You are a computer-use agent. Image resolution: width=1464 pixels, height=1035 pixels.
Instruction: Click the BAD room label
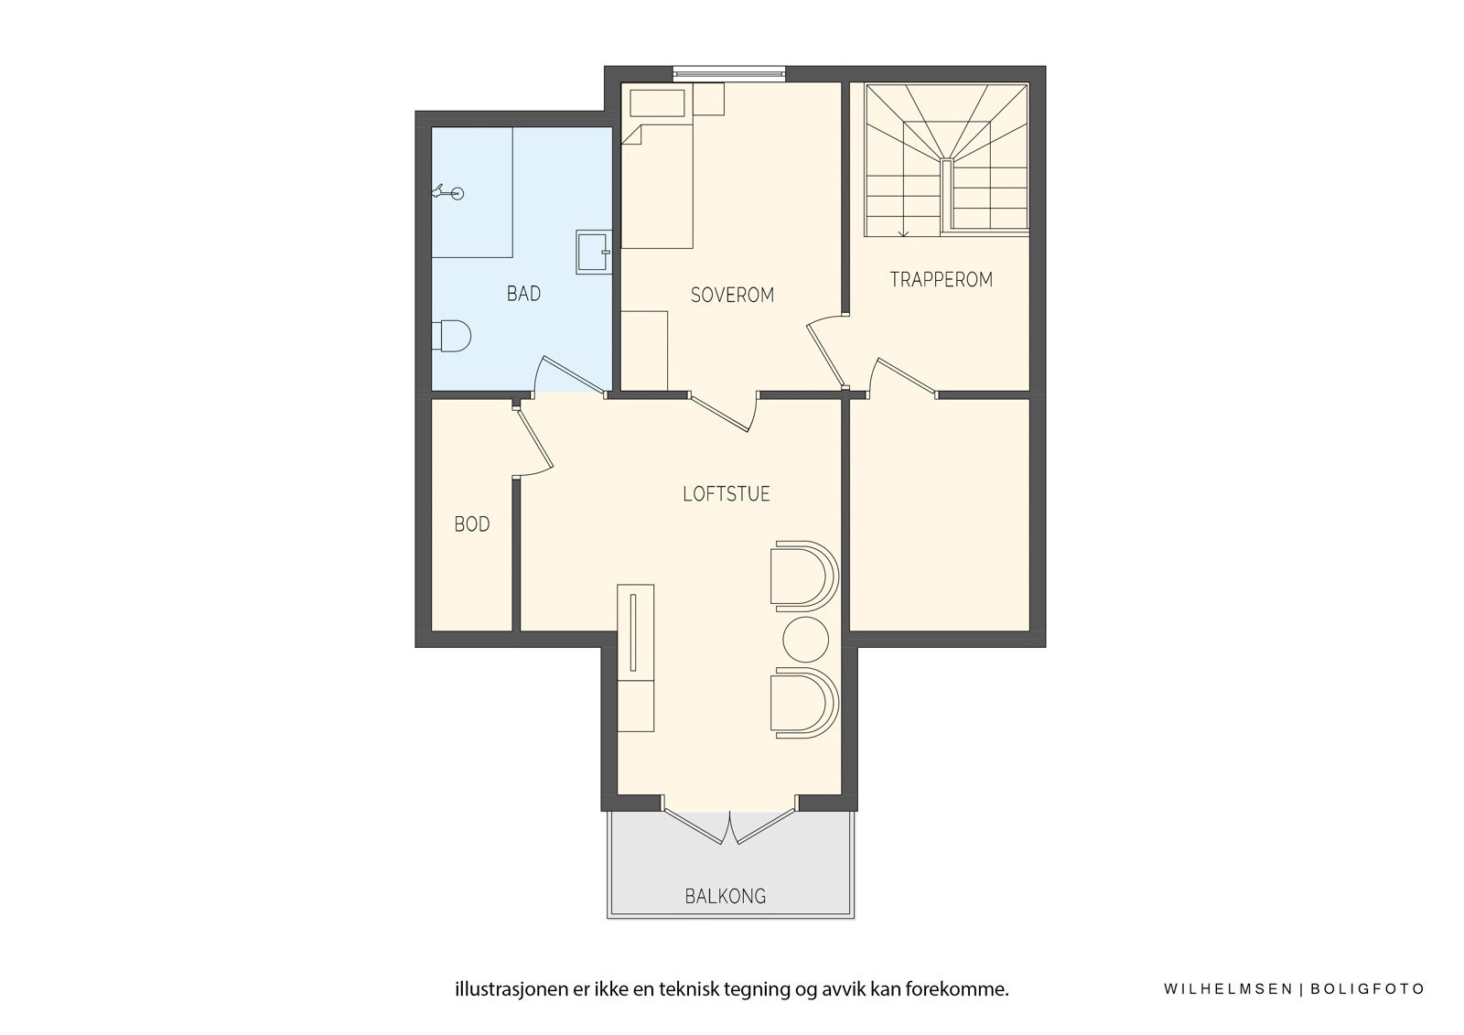tap(523, 294)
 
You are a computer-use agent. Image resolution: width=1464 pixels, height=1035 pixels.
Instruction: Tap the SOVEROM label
tap(732, 295)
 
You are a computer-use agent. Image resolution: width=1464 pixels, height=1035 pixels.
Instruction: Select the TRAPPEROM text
tap(941, 280)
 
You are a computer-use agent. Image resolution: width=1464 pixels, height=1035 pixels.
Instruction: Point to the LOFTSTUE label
tap(727, 494)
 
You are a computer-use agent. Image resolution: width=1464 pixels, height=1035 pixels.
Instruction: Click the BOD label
tap(472, 524)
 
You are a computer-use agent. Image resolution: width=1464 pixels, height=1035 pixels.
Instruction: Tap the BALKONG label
tap(726, 896)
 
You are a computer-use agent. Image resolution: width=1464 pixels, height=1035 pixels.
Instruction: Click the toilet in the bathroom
tap(452, 336)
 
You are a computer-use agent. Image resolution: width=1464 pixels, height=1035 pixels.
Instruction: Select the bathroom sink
tap(593, 252)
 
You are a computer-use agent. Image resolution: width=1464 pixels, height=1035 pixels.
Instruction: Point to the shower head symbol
tap(448, 192)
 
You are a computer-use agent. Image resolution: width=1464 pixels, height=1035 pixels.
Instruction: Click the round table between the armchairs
tap(806, 640)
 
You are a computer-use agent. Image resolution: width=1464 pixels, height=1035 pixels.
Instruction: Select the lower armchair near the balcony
tap(802, 703)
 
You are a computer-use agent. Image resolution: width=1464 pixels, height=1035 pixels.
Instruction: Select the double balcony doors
tap(729, 827)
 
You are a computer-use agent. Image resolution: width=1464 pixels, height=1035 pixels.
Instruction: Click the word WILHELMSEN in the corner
tap(1228, 989)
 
